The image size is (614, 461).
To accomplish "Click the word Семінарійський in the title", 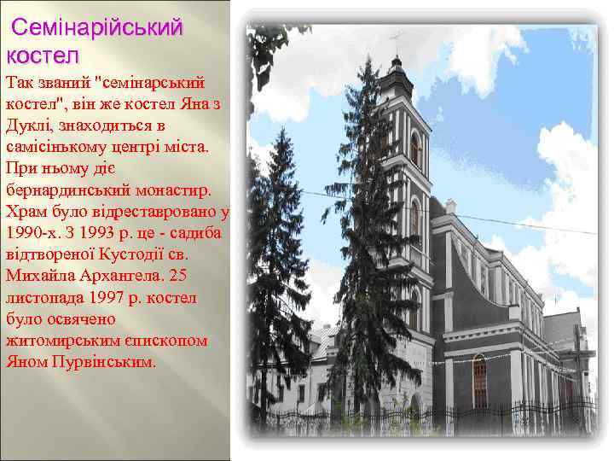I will point(97,27).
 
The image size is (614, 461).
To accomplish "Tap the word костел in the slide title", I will point(42,55).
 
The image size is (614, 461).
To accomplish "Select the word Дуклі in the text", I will point(29,126).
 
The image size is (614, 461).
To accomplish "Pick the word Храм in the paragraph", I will point(26,210).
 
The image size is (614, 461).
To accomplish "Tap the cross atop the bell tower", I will point(395,40).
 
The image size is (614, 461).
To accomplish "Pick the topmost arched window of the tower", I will point(414,149).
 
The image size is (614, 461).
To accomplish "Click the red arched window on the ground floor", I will point(480,382).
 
